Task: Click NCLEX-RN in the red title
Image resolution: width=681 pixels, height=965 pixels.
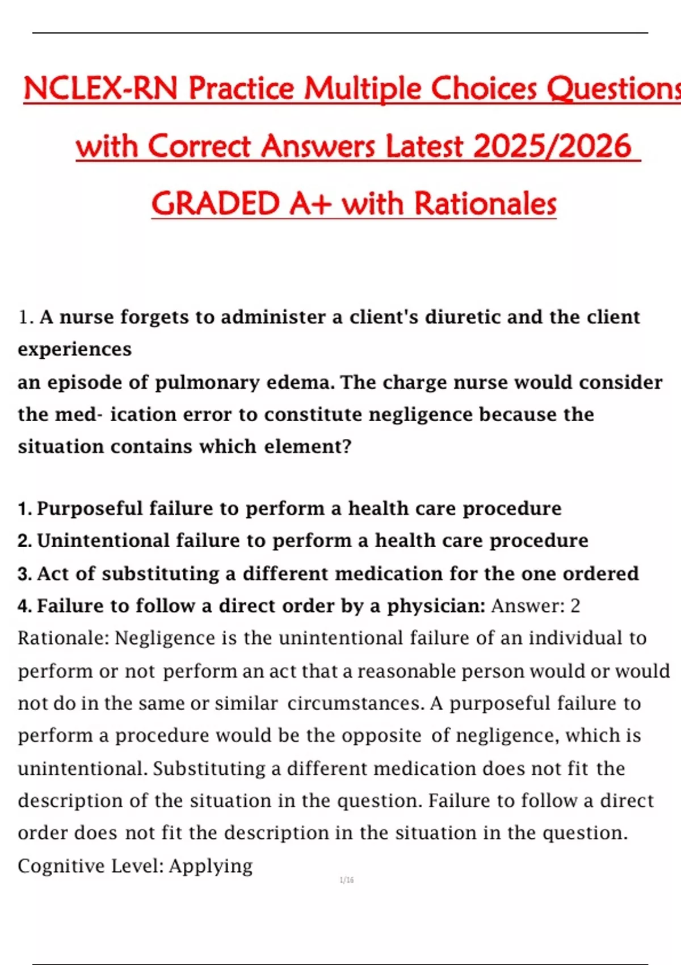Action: (100, 89)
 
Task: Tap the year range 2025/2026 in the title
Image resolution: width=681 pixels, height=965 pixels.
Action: (552, 146)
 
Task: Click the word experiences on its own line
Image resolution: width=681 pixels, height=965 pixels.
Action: (74, 349)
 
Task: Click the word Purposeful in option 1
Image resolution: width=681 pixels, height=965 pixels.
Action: (90, 508)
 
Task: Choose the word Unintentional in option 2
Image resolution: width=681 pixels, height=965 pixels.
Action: (103, 540)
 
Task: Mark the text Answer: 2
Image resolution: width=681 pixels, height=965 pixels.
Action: (536, 606)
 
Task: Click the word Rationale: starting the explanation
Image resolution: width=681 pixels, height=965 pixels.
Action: (63, 638)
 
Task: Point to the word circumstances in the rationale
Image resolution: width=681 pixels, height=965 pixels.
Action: (355, 703)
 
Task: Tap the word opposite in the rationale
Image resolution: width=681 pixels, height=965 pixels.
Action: (381, 736)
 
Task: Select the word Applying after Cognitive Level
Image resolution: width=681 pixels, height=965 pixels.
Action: (211, 866)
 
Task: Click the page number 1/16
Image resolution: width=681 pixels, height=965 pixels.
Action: (347, 880)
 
